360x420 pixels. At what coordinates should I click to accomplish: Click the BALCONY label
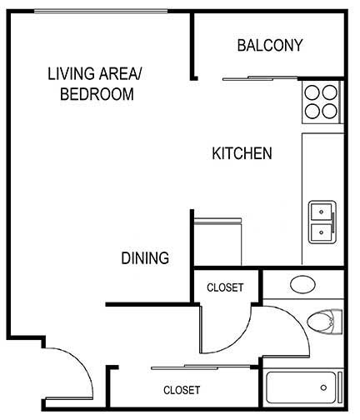[269, 45]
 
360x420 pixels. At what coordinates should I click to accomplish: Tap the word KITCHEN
[242, 154]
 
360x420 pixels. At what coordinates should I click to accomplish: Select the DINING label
[145, 258]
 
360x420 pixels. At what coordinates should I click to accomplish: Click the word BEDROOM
[97, 94]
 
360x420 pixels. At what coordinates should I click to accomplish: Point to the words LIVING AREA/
[95, 75]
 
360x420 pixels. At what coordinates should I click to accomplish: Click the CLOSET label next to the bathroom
[225, 287]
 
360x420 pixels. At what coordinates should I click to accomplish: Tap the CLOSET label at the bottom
[181, 389]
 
